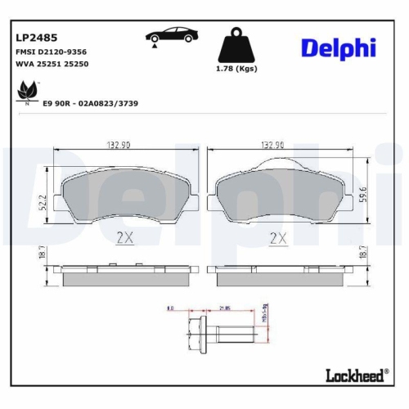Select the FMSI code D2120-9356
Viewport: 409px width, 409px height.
52,52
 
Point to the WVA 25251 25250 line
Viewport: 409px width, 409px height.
52,65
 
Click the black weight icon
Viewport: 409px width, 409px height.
234,45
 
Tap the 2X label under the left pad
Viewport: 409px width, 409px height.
124,239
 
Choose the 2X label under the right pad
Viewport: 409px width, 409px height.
278,239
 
